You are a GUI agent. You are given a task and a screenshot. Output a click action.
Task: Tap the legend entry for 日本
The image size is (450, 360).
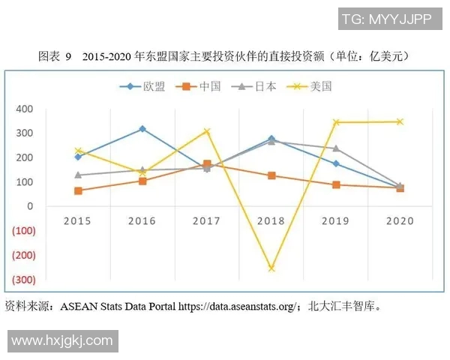pyautogui.click(x=256, y=86)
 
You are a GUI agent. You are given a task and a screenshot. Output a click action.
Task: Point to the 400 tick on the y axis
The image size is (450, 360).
pyautogui.click(x=25, y=109)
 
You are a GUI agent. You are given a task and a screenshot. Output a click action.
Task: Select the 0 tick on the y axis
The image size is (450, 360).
pyautogui.click(x=31, y=206)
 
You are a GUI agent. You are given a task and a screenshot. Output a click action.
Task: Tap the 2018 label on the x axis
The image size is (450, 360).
pyautogui.click(x=271, y=221)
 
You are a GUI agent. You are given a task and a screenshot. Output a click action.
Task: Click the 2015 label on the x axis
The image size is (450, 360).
pyautogui.click(x=78, y=221)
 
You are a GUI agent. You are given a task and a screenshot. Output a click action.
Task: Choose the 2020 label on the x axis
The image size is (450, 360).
pyautogui.click(x=400, y=221)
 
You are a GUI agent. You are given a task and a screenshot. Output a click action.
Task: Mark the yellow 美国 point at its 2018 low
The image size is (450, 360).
pyautogui.click(x=271, y=268)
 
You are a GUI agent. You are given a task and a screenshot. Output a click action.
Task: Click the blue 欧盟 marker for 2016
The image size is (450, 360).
pyautogui.click(x=142, y=129)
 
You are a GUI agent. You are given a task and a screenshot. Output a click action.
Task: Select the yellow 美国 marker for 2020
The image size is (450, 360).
pyautogui.click(x=400, y=121)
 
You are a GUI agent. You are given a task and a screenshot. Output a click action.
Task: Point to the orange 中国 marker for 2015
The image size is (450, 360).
pyautogui.click(x=78, y=190)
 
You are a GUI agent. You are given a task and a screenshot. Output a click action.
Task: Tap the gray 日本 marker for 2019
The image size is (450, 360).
pyautogui.click(x=335, y=148)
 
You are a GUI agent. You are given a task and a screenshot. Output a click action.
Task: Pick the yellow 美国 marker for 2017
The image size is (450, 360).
pyautogui.click(x=207, y=131)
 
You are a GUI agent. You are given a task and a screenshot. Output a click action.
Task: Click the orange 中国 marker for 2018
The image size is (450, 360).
pyautogui.click(x=271, y=175)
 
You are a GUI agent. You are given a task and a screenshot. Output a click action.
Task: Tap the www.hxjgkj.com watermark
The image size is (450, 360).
pyautogui.click(x=61, y=340)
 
